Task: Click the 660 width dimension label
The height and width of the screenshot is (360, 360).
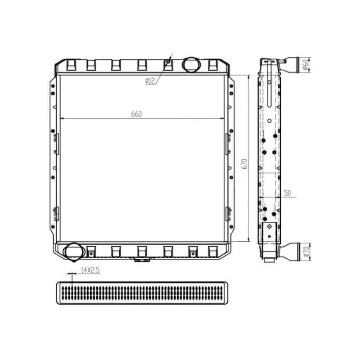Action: coord(136,114)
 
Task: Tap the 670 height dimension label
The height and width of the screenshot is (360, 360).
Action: coord(245,164)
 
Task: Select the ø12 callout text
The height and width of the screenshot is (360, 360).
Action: coord(150,81)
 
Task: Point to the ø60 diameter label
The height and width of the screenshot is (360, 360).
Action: coord(306,64)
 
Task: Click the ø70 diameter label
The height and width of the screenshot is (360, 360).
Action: coord(306,252)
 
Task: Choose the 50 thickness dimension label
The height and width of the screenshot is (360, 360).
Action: coord(288,193)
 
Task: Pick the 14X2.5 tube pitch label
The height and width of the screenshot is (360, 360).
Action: coord(90,270)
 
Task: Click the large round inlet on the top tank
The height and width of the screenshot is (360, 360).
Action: coord(191,64)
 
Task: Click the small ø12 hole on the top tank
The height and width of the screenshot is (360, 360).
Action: coord(168,62)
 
